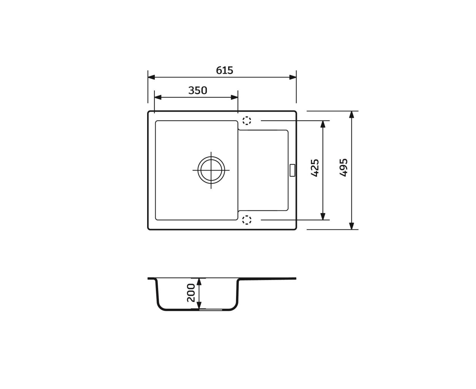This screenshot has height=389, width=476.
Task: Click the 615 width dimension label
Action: click(224, 70)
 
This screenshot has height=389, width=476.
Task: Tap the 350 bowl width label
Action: click(198, 90)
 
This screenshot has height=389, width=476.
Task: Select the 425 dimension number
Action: click(315, 168)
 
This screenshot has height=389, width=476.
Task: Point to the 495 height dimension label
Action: click(344, 167)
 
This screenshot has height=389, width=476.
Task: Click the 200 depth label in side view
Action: click(191, 293)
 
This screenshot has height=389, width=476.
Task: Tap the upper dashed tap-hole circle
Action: click(247, 120)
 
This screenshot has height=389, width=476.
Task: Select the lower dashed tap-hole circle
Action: click(247, 220)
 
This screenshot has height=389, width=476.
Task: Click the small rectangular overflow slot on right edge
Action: click(292, 170)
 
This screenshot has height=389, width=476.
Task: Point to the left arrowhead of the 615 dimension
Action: click(151, 77)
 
